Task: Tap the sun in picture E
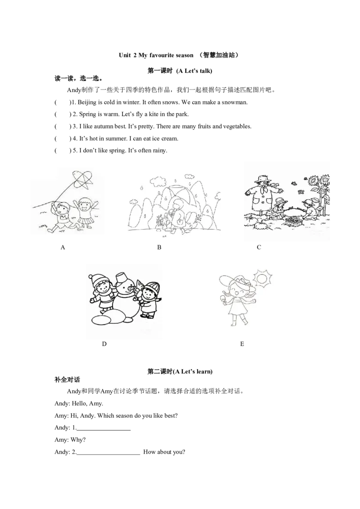click(x=262, y=278)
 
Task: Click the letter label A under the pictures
click(x=63, y=247)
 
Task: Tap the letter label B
click(x=159, y=247)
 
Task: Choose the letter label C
click(x=259, y=247)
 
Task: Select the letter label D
click(x=104, y=344)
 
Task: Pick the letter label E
click(x=242, y=344)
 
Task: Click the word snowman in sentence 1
click(x=234, y=102)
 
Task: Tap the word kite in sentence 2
click(x=154, y=114)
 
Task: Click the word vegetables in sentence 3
click(x=237, y=126)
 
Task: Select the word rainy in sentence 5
click(x=160, y=151)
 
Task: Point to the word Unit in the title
click(x=125, y=55)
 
